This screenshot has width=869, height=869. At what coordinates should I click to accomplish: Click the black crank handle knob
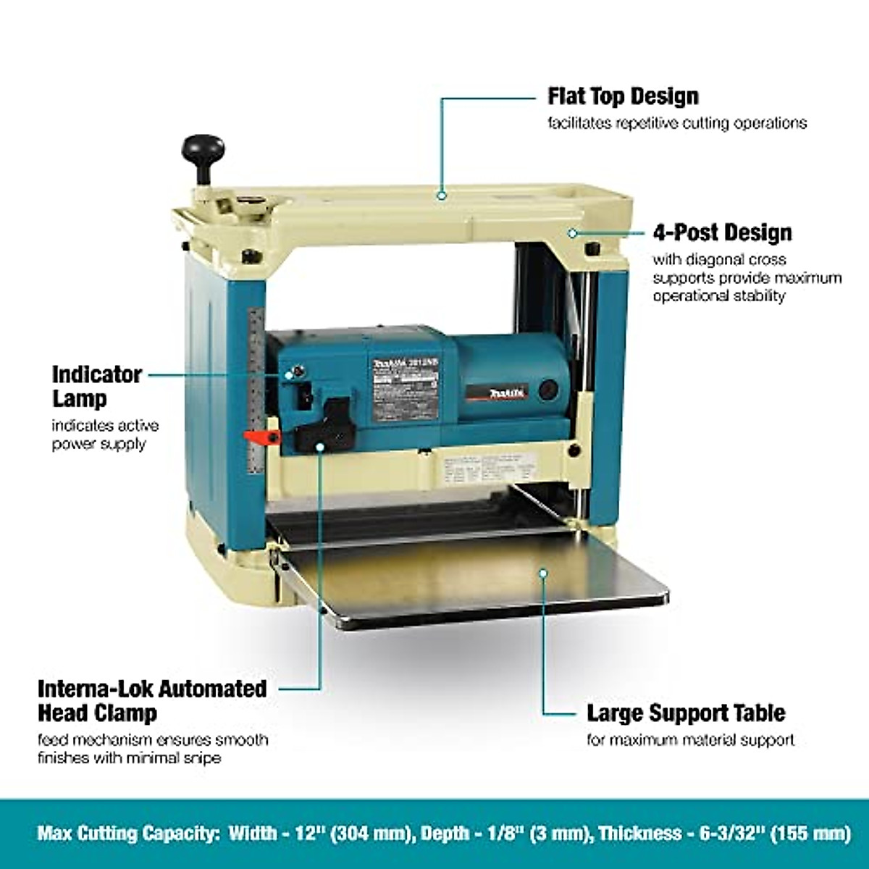203,149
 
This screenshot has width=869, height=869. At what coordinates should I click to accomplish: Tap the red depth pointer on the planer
261,437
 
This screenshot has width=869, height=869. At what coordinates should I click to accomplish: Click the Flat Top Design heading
623,96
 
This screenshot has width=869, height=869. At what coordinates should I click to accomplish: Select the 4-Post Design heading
722,233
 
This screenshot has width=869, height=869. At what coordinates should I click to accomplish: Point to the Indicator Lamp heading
96,386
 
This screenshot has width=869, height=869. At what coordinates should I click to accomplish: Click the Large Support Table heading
685,713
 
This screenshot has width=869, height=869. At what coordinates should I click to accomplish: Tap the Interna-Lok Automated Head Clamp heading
152,700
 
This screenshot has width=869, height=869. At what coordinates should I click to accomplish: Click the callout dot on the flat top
441,194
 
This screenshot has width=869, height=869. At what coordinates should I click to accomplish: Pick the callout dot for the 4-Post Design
572,233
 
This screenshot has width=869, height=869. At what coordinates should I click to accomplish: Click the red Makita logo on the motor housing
507,393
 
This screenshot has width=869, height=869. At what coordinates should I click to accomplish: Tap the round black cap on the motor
547,389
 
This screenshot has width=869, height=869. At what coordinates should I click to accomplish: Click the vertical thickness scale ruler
256,391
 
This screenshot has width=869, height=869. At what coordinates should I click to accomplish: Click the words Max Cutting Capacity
127,833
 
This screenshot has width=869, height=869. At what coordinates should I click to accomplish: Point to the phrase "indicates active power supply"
105,434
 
